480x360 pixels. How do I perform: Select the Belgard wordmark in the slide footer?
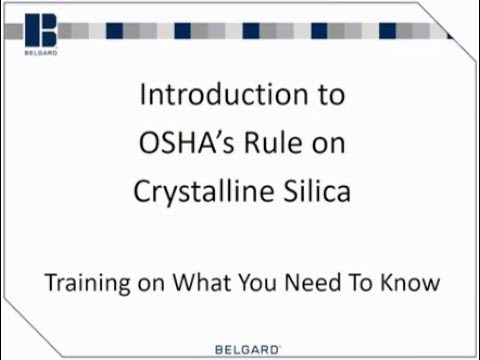[x=247, y=349]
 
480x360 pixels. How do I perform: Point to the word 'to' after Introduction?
[x=333, y=98]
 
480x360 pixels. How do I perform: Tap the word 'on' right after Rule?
[x=328, y=145]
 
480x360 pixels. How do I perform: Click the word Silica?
[x=315, y=191]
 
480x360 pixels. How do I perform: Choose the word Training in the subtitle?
[x=83, y=283]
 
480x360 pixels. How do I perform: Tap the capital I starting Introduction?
[x=143, y=97]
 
